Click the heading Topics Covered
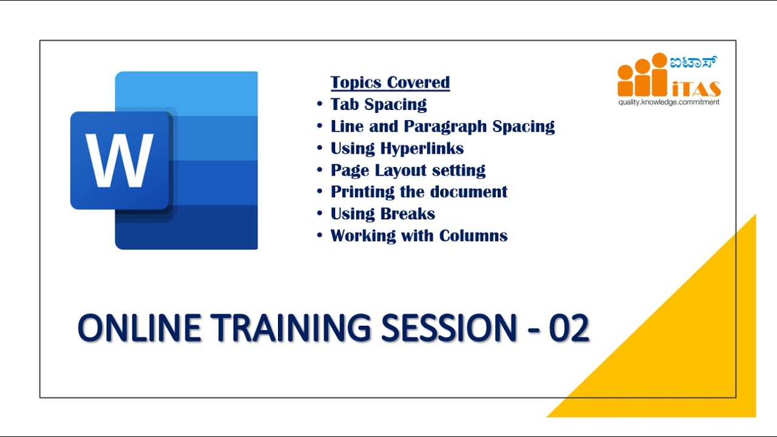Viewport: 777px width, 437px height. [390, 83]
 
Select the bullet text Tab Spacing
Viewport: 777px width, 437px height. [378, 104]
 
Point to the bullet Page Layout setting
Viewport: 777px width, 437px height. [407, 170]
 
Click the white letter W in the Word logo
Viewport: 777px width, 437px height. [119, 160]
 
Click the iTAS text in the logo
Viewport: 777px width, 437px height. [696, 89]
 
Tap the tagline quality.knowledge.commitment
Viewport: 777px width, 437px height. [668, 102]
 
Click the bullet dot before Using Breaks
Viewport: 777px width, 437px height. [319, 214]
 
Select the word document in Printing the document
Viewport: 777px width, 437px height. [470, 192]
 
